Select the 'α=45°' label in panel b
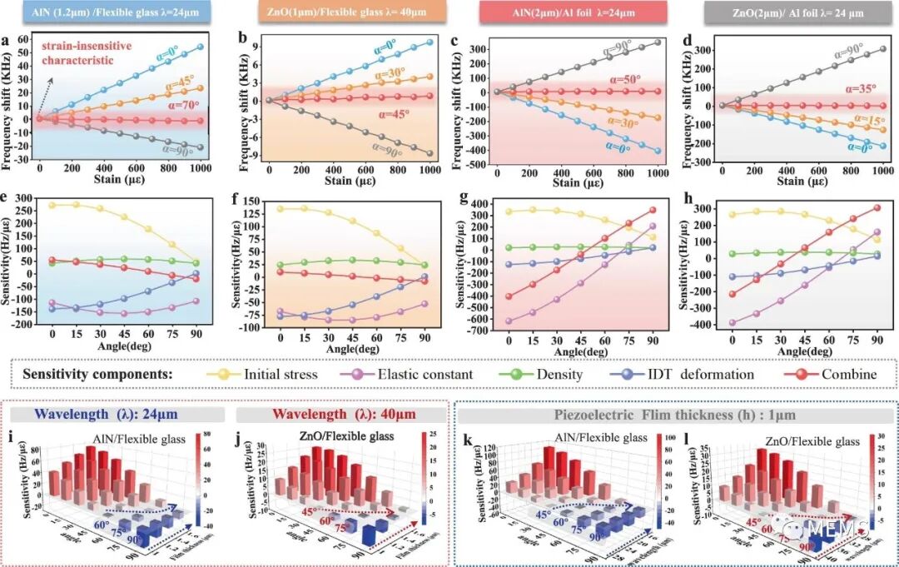coord(398,114)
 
